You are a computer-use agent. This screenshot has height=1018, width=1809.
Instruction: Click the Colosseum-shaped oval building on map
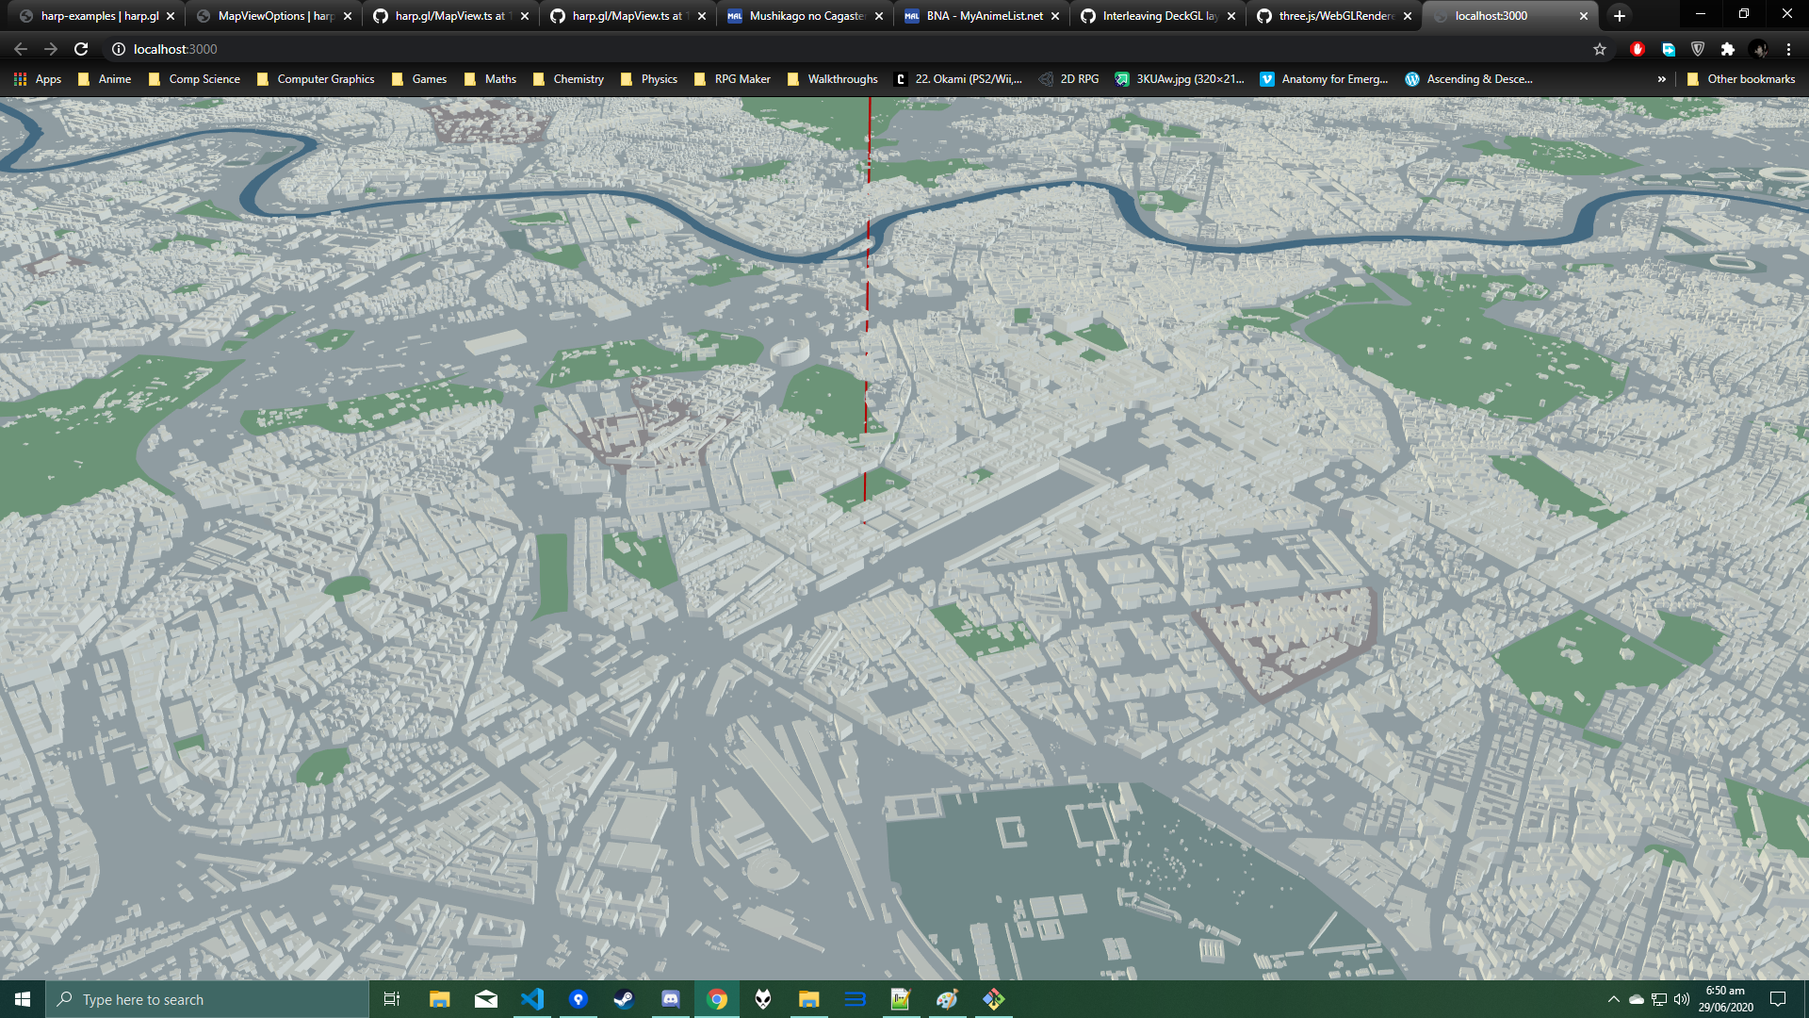[x=790, y=353]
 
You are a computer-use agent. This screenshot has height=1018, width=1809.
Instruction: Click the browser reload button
[x=81, y=49]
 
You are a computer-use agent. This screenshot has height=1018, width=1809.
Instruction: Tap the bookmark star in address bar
[x=1600, y=49]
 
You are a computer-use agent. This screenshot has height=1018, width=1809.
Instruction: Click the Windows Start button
[x=23, y=999]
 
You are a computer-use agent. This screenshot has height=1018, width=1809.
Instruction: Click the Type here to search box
[x=207, y=999]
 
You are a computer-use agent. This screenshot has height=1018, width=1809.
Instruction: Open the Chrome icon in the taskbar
[x=717, y=999]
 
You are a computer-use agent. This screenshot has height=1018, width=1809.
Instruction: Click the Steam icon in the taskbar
[x=624, y=999]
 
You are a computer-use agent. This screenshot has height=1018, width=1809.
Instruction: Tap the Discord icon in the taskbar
[x=671, y=999]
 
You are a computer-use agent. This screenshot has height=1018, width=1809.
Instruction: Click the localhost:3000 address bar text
[x=175, y=49]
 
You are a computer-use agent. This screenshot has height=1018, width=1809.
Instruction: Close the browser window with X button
[x=1786, y=14]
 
